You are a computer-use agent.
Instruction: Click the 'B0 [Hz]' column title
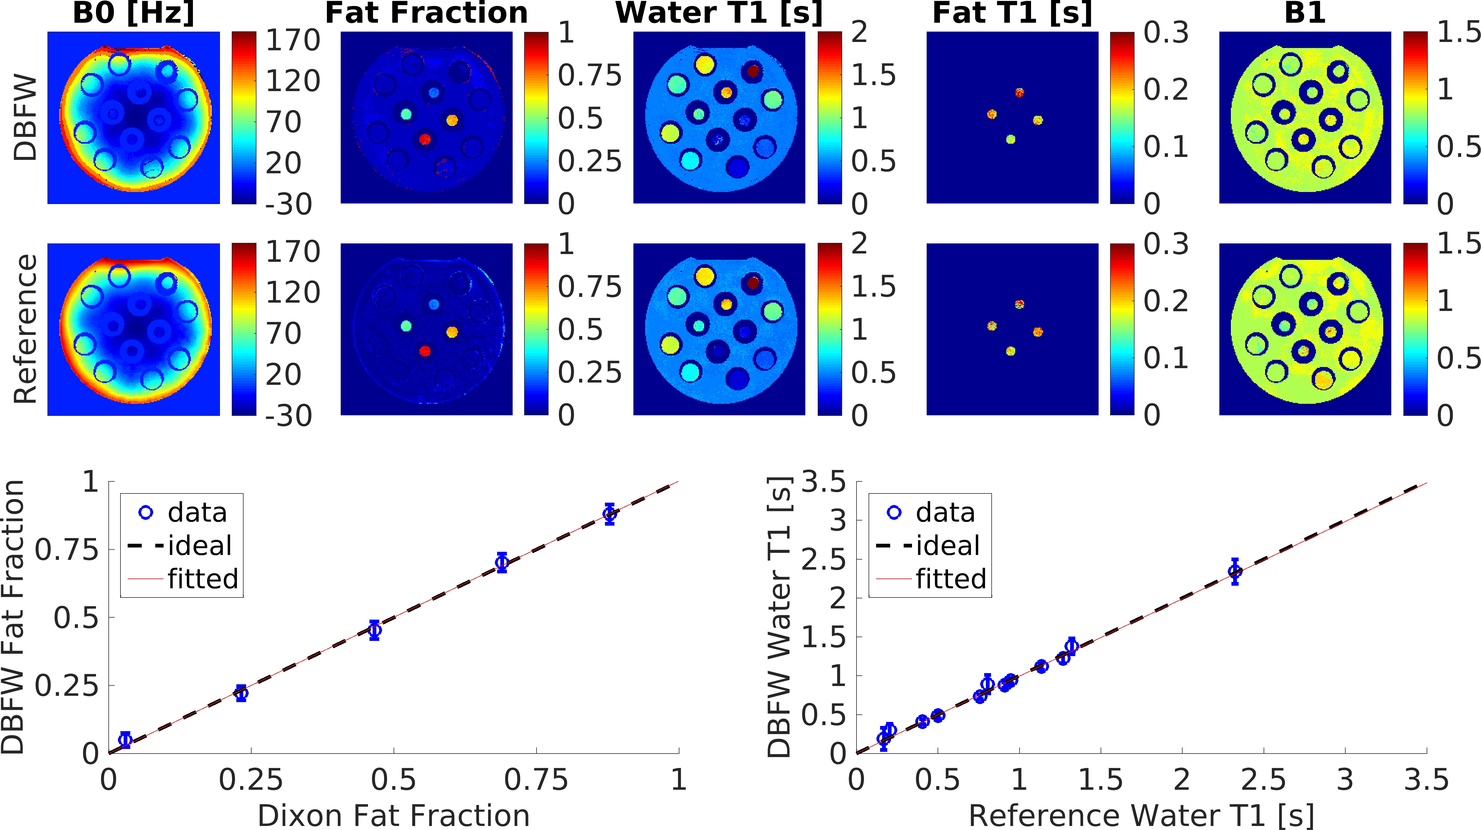point(133,13)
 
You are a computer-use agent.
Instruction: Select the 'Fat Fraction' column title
point(426,13)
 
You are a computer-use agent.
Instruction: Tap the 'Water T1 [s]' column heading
point(719,13)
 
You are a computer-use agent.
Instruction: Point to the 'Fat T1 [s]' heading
point(1012,13)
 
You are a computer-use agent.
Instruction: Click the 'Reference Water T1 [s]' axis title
point(1141,815)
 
